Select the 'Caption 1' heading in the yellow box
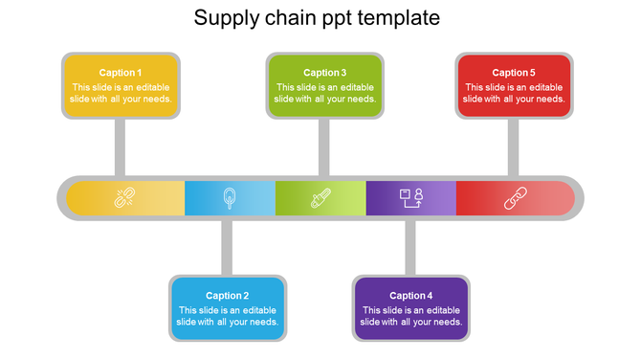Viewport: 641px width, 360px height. pyautogui.click(x=121, y=73)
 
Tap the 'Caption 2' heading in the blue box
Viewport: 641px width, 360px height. pyautogui.click(x=228, y=296)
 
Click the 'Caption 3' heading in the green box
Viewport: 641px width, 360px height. pyautogui.click(x=325, y=73)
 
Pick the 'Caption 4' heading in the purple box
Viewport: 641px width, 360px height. pyautogui.click(x=411, y=296)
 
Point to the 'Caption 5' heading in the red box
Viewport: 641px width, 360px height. pyautogui.click(x=514, y=73)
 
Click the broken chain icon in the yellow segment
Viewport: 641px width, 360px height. pyautogui.click(x=123, y=198)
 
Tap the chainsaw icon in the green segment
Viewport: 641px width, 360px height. pyautogui.click(x=320, y=198)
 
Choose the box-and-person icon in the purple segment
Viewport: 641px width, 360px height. pyautogui.click(x=411, y=197)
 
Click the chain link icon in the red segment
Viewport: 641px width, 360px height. pyautogui.click(x=515, y=198)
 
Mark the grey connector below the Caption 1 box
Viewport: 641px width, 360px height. pyautogui.click(x=121, y=146)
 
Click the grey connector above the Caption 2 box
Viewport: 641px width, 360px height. pyautogui.click(x=227, y=247)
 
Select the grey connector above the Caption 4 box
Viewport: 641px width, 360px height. pyautogui.click(x=410, y=247)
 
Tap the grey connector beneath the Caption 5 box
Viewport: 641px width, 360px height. pyautogui.click(x=514, y=146)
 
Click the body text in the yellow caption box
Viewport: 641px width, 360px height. pyautogui.click(x=121, y=93)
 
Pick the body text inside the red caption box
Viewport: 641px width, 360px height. pyautogui.click(x=514, y=93)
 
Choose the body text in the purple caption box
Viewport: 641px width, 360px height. pyautogui.click(x=411, y=316)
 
